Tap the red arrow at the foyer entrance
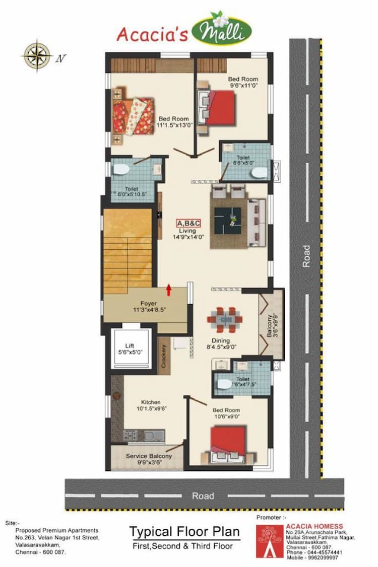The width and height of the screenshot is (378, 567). tap(169, 290)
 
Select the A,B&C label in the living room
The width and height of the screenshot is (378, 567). tap(188, 223)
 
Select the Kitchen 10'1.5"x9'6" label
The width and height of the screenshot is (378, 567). tap(151, 406)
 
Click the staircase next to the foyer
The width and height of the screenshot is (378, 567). tap(128, 252)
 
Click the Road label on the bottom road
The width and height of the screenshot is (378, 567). tap(203, 495)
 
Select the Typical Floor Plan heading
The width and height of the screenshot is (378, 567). tap(184, 531)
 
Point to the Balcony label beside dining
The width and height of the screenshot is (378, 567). tap(271, 325)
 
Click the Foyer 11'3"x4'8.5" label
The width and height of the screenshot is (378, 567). tap(148, 307)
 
